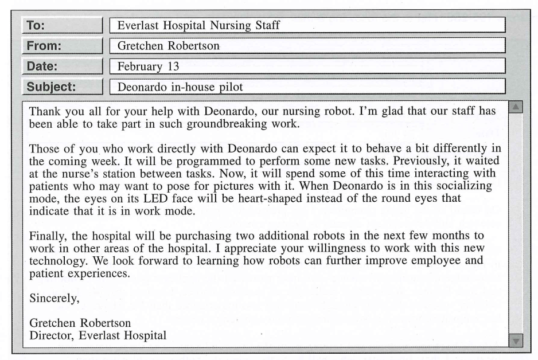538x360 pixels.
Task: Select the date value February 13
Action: click(x=149, y=66)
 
